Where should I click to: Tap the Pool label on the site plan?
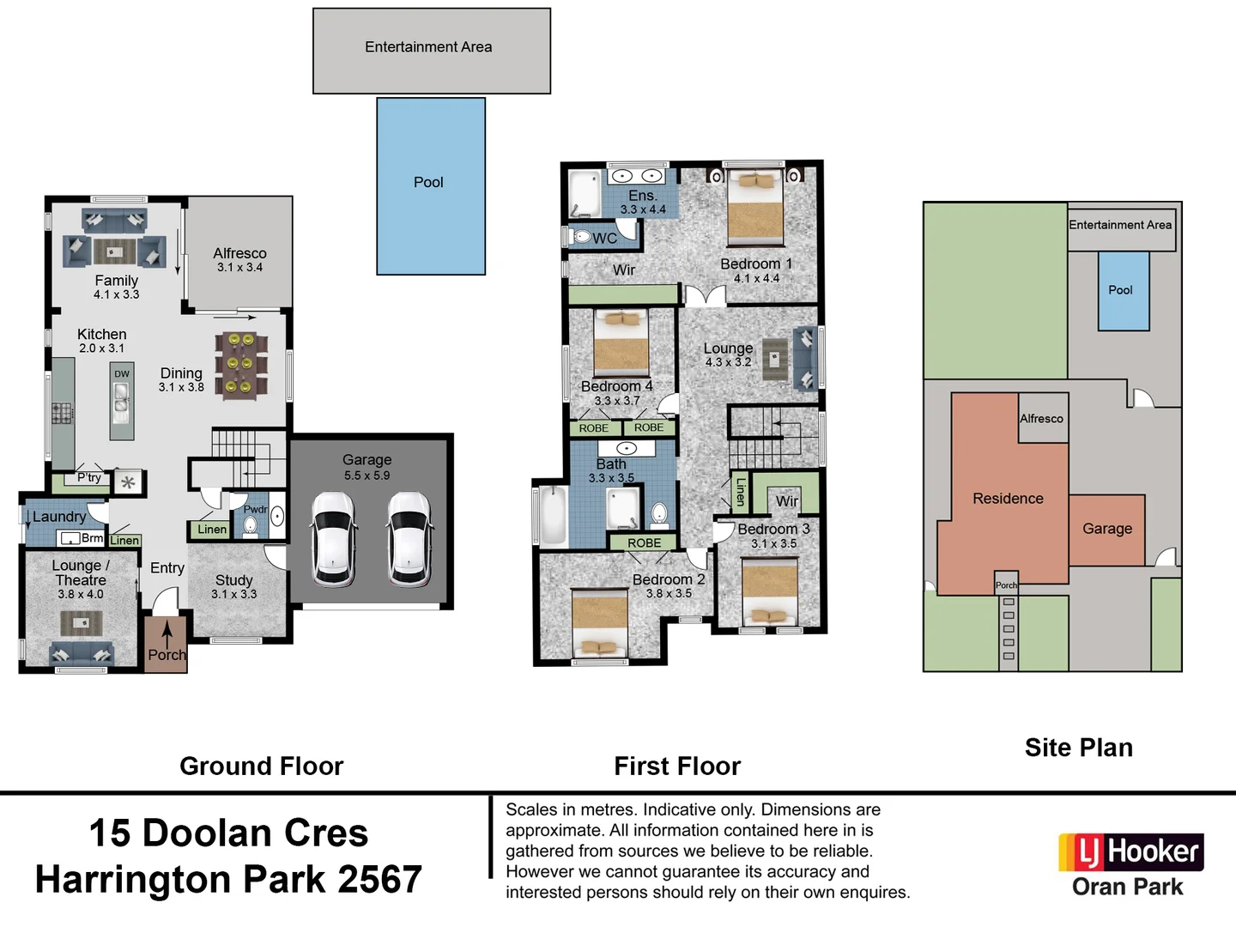click(x=1120, y=290)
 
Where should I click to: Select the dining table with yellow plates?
click(x=240, y=365)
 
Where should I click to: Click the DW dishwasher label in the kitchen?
click(x=122, y=374)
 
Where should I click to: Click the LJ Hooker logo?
click(x=1130, y=852)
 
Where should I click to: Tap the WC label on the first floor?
click(x=604, y=239)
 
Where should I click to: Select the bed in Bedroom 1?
click(x=755, y=209)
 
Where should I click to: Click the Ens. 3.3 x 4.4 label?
click(x=643, y=202)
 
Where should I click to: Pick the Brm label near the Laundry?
click(x=92, y=538)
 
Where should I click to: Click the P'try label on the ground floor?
click(x=88, y=477)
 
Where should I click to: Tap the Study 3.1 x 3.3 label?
click(x=233, y=586)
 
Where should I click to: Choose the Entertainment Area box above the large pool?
click(x=431, y=51)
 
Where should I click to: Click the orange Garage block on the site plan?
click(x=1106, y=529)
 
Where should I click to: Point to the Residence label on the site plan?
click(x=1008, y=499)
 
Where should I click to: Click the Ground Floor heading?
click(x=261, y=766)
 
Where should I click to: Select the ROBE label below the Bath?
click(x=644, y=543)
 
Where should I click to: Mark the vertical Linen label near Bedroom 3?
click(x=740, y=492)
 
